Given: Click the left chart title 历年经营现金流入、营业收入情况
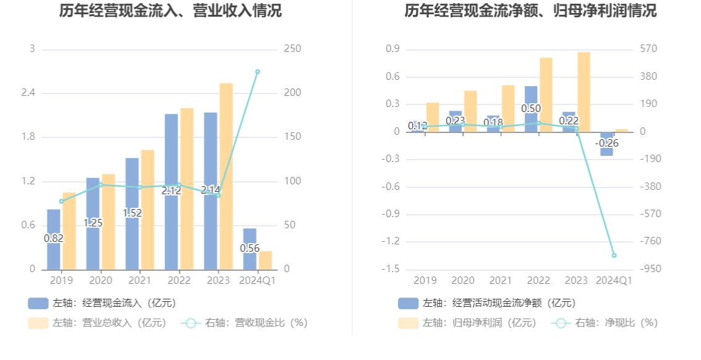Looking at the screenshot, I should [170, 11].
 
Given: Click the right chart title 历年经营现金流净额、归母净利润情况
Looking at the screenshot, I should [530, 11].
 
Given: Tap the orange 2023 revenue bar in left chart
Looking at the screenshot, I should [226, 176].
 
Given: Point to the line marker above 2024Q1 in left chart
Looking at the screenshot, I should [258, 72].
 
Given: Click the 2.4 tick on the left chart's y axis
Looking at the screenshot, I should [29, 93].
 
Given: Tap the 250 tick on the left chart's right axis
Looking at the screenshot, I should [292, 49].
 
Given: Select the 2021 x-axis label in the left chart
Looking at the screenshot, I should [140, 281].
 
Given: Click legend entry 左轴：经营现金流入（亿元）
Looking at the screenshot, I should [102, 303].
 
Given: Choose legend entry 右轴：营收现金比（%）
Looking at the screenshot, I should [245, 322].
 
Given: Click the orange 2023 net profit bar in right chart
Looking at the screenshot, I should [584, 92].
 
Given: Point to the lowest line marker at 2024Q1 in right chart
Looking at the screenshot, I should [614, 255].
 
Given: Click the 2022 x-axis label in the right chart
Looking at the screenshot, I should [538, 281].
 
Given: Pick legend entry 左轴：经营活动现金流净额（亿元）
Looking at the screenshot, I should [487, 303].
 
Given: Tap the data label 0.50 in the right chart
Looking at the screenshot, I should [531, 109].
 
